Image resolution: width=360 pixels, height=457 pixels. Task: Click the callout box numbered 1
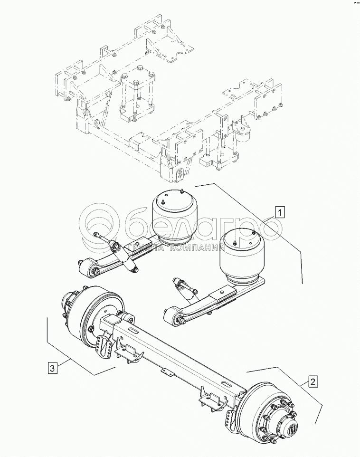tap(279, 212)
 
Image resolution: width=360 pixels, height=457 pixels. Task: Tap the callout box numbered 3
tap(52, 368)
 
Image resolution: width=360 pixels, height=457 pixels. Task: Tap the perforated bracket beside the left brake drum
tap(102, 346)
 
